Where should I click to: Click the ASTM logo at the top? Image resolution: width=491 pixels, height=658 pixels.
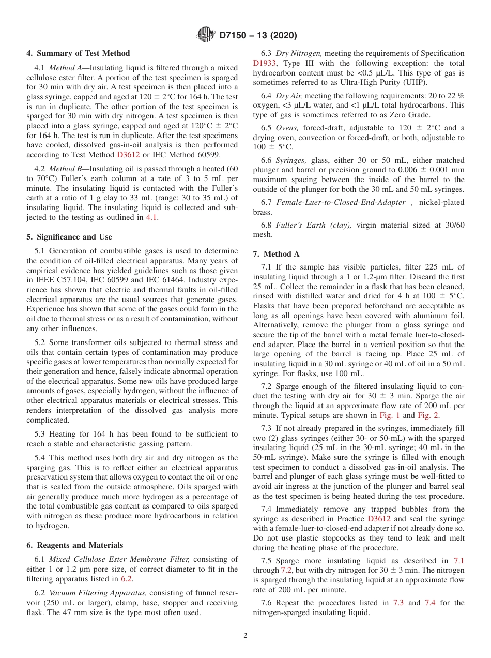205,35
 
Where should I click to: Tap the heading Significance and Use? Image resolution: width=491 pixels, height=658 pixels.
69,237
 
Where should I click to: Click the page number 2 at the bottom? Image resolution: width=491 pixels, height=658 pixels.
245,636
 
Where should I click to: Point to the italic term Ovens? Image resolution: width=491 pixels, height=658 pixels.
287,128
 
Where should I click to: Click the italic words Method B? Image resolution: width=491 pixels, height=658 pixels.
66,169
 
